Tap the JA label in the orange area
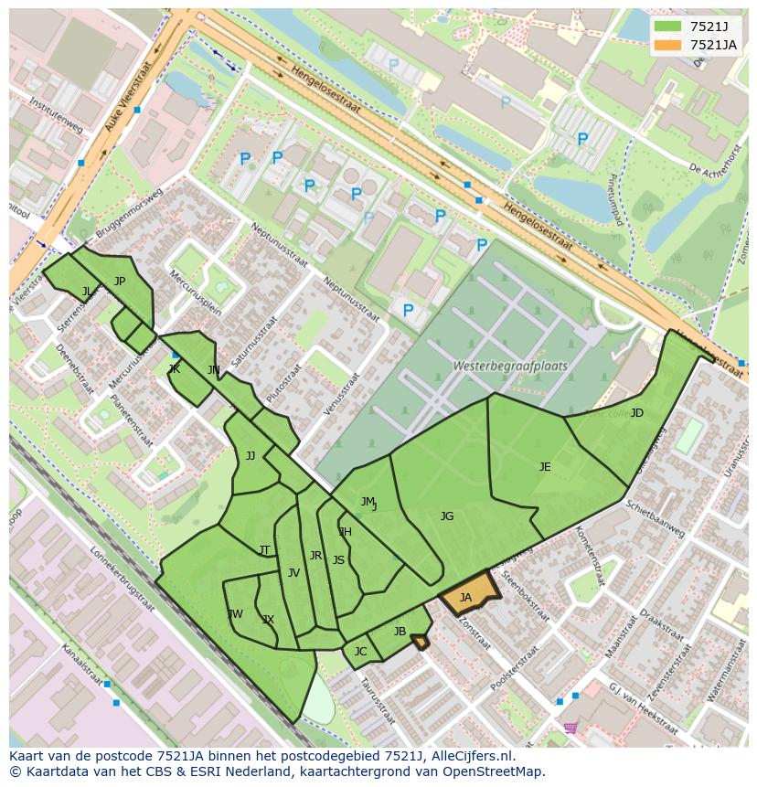coord(465,598)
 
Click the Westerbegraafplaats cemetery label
coord(510,366)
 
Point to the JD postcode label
coord(636,413)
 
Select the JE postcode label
coord(545,467)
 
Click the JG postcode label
coord(446,516)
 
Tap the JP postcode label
coord(120,282)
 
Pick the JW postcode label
coord(235,614)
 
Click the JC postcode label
coord(360,652)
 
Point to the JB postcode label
coord(400,632)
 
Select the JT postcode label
coord(264,550)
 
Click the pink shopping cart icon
coord(570,728)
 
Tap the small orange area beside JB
coord(420,643)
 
